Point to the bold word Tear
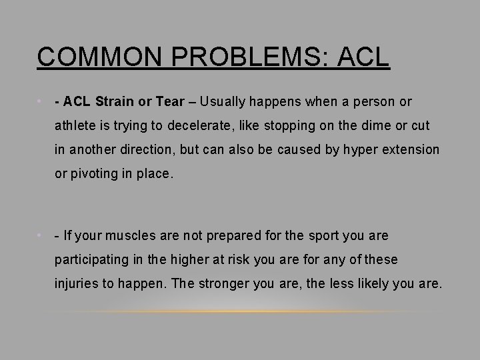click(x=169, y=102)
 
